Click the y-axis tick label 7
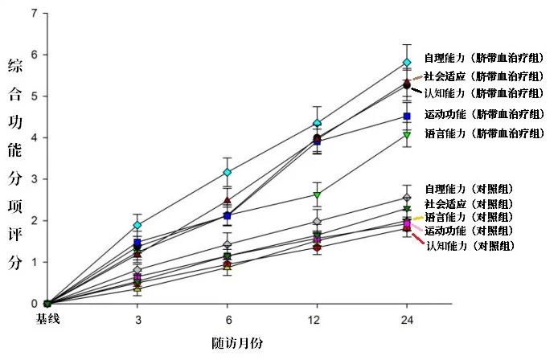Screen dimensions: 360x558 pyautogui.click(x=33, y=14)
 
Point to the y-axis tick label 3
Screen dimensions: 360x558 pyautogui.click(x=33, y=179)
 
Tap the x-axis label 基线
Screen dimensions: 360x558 pyautogui.click(x=47, y=319)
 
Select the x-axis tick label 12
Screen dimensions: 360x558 pyautogui.click(x=317, y=319)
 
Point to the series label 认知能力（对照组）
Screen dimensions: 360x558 pyautogui.click(x=470, y=245)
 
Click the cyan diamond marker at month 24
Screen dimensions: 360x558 pyautogui.click(x=407, y=62)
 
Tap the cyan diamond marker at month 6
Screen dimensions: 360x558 pyautogui.click(x=228, y=173)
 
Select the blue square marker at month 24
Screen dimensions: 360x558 pyautogui.click(x=407, y=117)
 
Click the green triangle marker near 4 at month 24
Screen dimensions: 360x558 pyautogui.click(x=407, y=135)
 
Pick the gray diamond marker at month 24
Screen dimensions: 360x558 pyautogui.click(x=407, y=198)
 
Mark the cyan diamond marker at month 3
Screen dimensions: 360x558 pyautogui.click(x=137, y=225)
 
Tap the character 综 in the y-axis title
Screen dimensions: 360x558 pyautogui.click(x=14, y=65)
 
